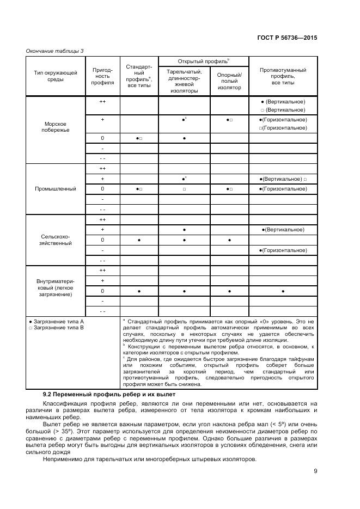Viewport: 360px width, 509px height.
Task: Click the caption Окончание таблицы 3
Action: [55, 51]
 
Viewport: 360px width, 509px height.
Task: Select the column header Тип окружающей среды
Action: [56, 76]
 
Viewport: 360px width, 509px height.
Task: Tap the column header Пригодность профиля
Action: [102, 76]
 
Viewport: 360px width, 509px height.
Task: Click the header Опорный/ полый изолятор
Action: [229, 81]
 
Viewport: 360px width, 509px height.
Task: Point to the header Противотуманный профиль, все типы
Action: [283, 76]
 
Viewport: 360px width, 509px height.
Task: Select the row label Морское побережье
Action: [56, 127]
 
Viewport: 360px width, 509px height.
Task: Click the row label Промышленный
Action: [56, 188]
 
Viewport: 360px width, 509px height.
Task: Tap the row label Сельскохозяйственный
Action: [56, 240]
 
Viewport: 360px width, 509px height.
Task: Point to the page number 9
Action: [315, 472]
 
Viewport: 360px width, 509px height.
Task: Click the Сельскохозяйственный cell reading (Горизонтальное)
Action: [283, 250]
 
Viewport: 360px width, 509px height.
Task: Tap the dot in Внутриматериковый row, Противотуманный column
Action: [283, 291]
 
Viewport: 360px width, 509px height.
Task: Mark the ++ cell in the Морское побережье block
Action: [102, 102]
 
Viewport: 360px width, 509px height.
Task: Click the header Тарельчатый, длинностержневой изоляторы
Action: [184, 81]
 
